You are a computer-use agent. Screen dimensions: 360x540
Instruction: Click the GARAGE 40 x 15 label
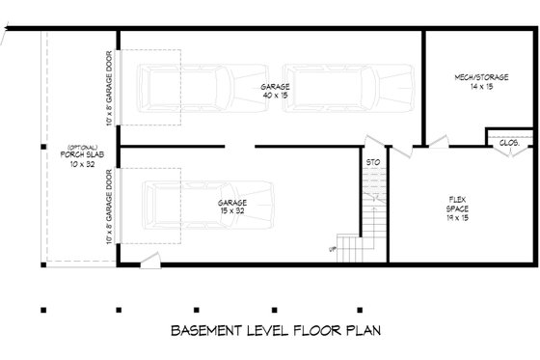coord(276,87)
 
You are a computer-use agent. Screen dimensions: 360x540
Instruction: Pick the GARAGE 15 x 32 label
coord(231,203)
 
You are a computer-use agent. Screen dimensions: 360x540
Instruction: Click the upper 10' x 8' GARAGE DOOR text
coord(110,90)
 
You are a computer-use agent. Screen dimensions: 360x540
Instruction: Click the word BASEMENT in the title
coord(205,331)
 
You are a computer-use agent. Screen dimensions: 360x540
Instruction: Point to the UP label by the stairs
coord(334,249)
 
